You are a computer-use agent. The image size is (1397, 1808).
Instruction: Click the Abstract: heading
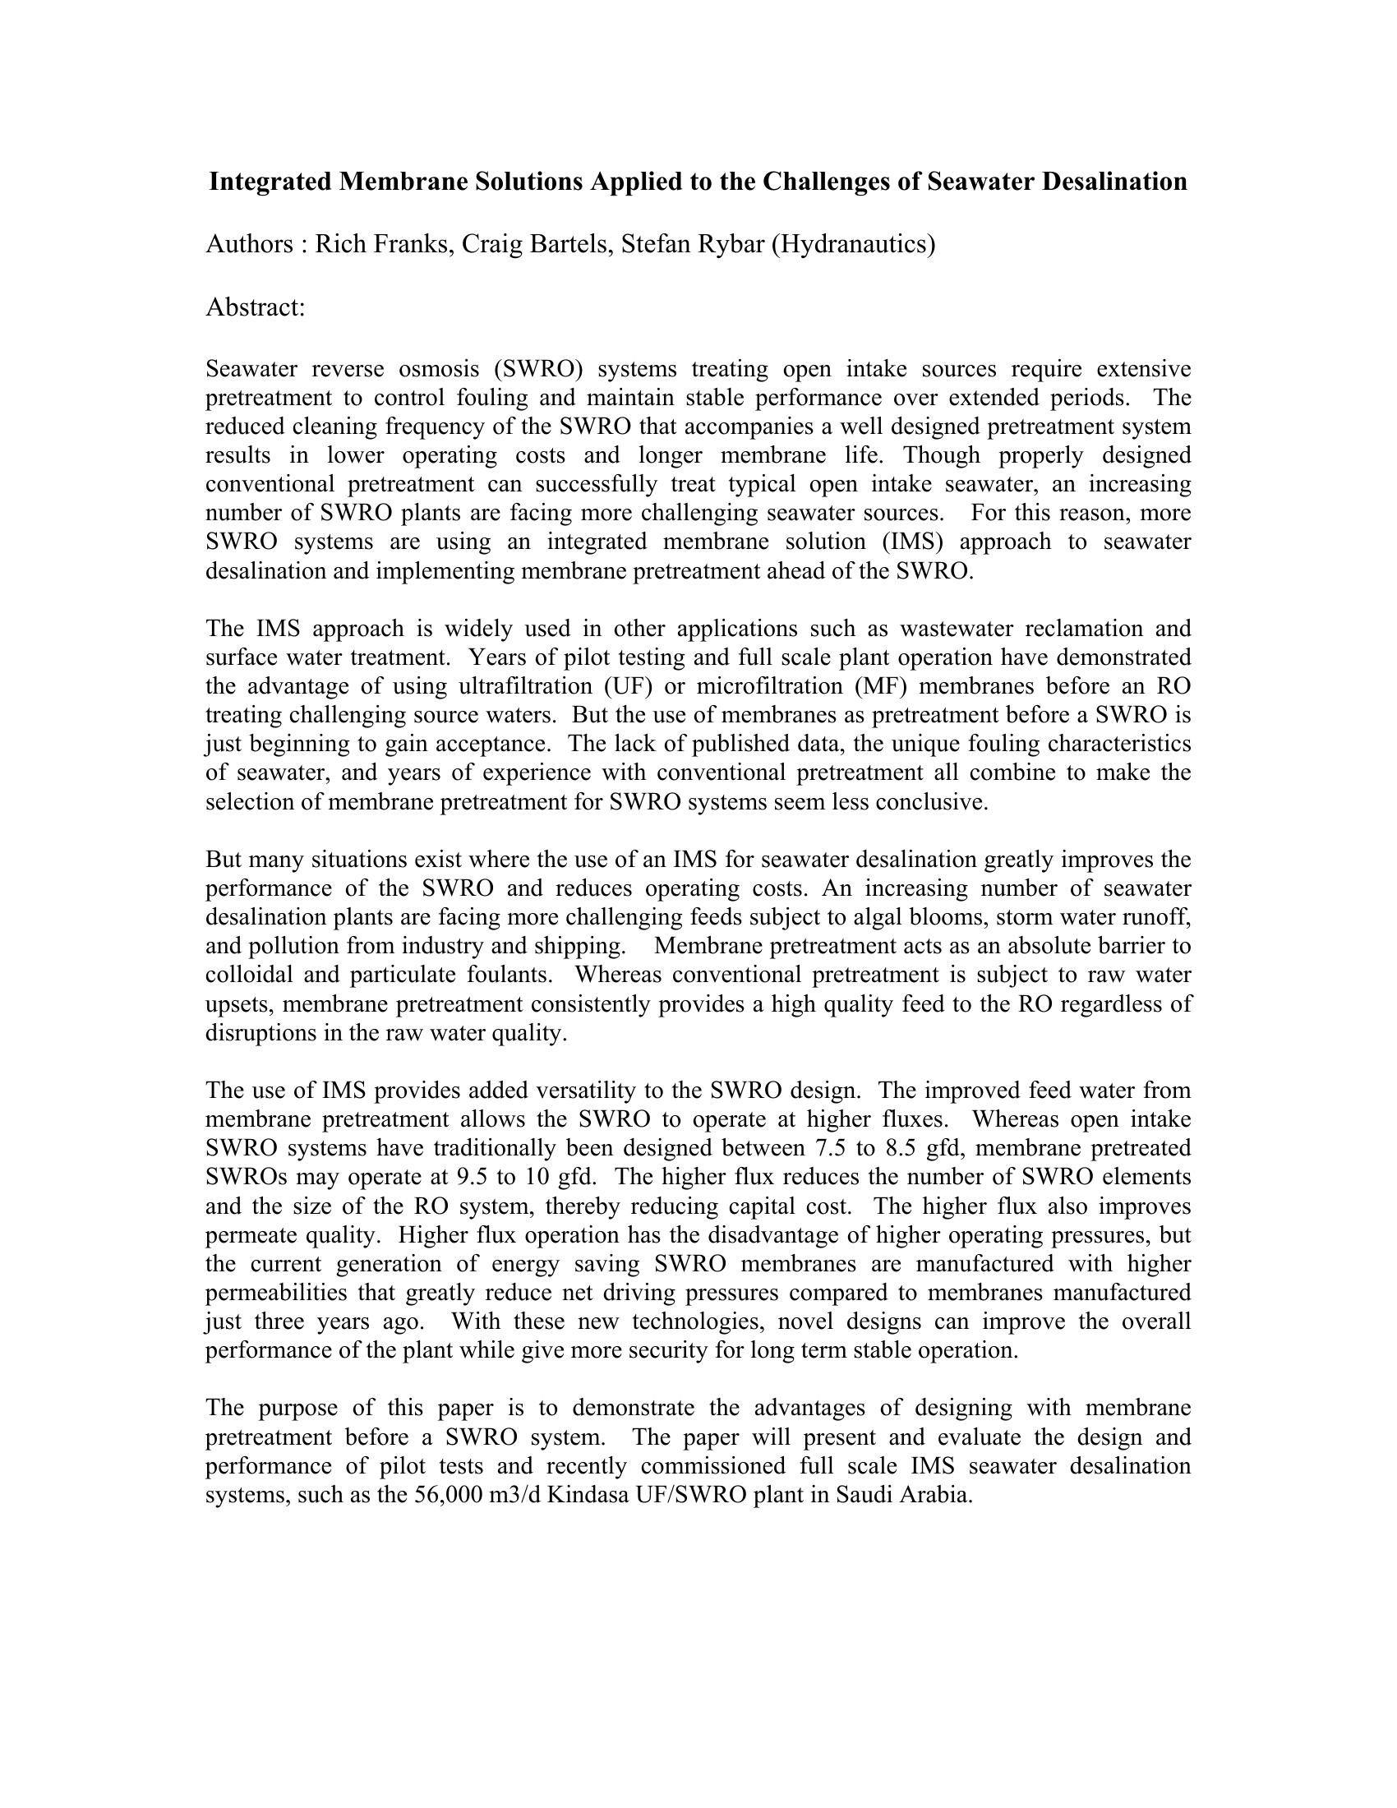(256, 307)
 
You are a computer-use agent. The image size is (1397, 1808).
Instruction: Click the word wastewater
(954, 630)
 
